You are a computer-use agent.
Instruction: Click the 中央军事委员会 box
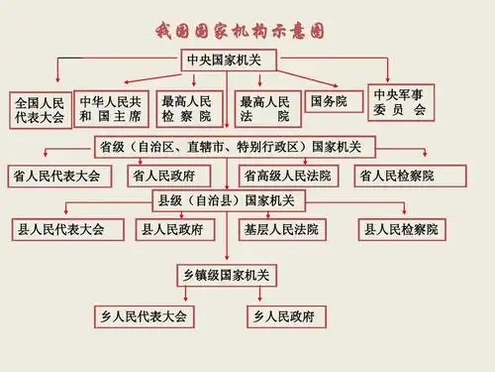400,102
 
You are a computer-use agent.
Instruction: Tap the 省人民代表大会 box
57,177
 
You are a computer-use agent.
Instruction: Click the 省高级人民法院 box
286,177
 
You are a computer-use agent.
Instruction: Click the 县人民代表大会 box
60,229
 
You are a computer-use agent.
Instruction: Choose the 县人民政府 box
172,229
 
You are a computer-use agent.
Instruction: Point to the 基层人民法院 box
281,229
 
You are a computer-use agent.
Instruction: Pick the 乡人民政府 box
284,316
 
